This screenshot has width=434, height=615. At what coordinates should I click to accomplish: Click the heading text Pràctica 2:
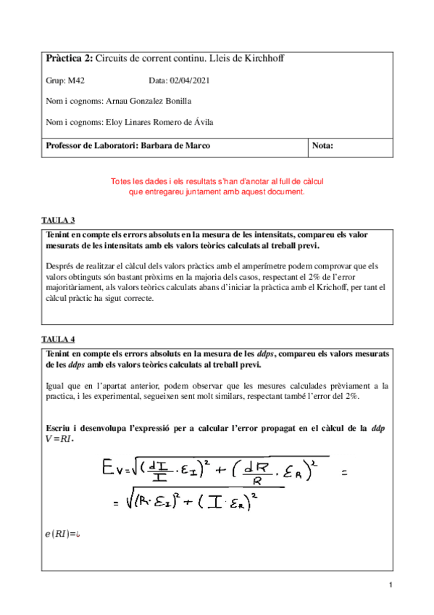[x=69, y=58]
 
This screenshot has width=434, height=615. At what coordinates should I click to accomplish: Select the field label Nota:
[x=322, y=146]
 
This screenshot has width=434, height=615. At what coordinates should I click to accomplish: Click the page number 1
[x=391, y=585]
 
